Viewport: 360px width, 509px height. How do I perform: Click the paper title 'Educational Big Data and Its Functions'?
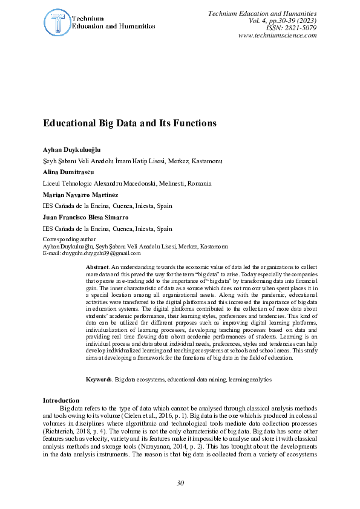pos(129,123)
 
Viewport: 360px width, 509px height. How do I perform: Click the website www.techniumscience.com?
pos(278,35)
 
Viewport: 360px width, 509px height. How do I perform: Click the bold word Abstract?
pos(97,267)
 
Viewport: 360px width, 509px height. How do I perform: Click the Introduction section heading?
pos(61,401)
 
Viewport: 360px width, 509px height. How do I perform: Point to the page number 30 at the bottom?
pos(180,483)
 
